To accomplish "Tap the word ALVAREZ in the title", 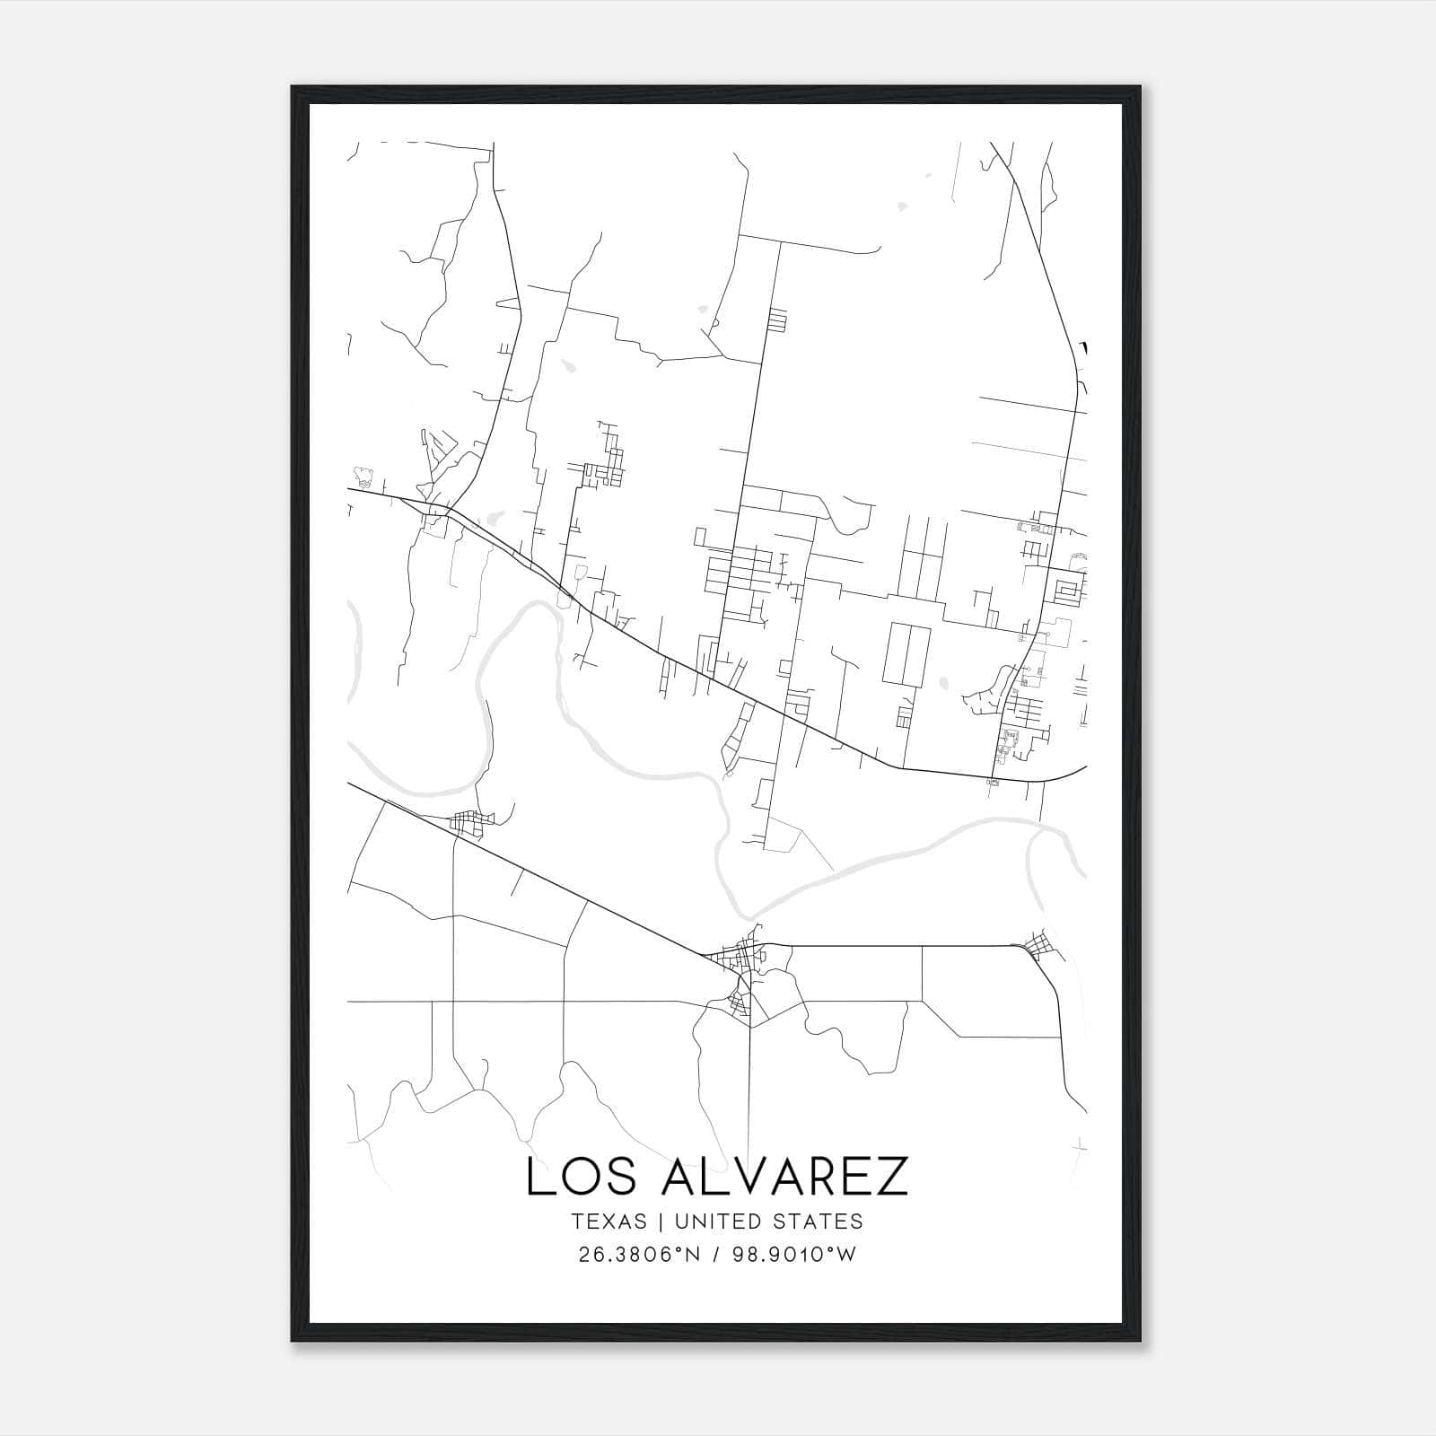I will [784, 1177].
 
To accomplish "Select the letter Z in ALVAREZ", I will [891, 1177].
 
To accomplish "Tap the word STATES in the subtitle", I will [817, 1221].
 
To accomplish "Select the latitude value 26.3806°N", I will [637, 1255].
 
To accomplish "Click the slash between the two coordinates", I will [714, 1255].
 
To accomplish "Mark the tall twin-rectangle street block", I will [906, 655].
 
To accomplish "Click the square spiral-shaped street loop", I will [1068, 591].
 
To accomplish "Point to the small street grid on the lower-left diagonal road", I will [468, 821].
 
